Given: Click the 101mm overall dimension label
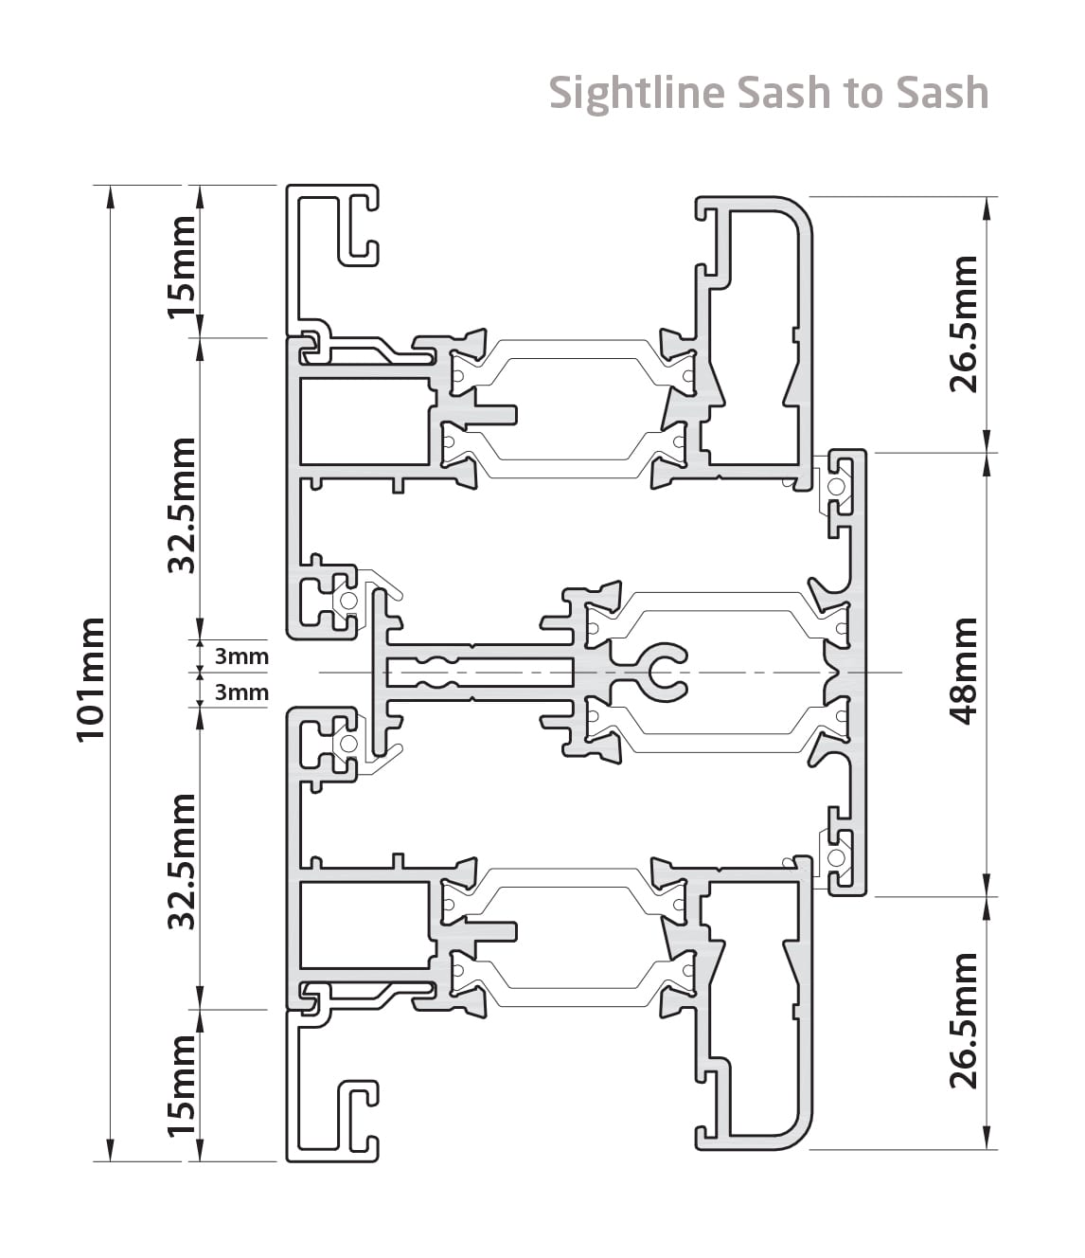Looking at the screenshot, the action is [91, 680].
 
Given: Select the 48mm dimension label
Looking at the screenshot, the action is [964, 672].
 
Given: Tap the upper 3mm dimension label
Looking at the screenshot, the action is [241, 656].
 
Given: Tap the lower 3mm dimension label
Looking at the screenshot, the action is [241, 692].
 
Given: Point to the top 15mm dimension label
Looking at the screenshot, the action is [182, 267].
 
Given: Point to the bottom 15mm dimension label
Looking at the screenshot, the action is [182, 1086].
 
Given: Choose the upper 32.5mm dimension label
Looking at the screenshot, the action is [182, 505].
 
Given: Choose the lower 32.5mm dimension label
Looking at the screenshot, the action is [182, 862].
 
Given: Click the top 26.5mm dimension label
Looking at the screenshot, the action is [964, 324].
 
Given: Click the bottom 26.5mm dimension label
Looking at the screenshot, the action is [964, 1021].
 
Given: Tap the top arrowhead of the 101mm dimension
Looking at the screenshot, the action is [110, 197].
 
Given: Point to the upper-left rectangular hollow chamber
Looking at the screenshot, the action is [365, 422].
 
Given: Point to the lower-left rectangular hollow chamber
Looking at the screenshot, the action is [365, 925].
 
